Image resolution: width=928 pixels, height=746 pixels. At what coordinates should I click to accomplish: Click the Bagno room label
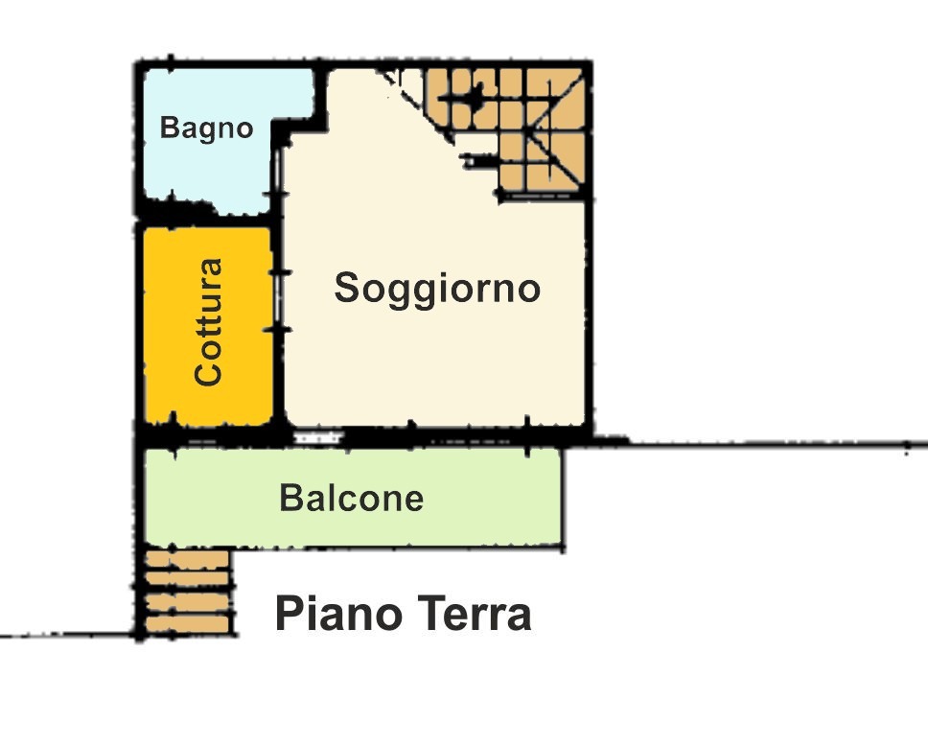pyautogui.click(x=206, y=128)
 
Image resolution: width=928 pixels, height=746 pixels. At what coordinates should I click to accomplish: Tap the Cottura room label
pyautogui.click(x=209, y=323)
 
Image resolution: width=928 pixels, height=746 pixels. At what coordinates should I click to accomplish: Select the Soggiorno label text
pyautogui.click(x=437, y=289)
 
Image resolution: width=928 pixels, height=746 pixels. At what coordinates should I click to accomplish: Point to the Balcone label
pyautogui.click(x=352, y=498)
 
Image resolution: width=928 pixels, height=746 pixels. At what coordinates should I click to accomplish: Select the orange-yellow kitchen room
pyautogui.click(x=208, y=326)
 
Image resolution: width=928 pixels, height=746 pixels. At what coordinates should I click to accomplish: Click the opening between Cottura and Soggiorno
pyautogui.click(x=278, y=301)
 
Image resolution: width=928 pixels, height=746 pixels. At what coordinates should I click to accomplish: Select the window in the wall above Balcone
pyautogui.click(x=319, y=439)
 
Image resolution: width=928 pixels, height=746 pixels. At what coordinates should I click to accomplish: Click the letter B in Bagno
pyautogui.click(x=170, y=127)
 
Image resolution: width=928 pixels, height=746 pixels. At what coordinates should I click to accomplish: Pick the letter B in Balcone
pyautogui.click(x=290, y=498)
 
